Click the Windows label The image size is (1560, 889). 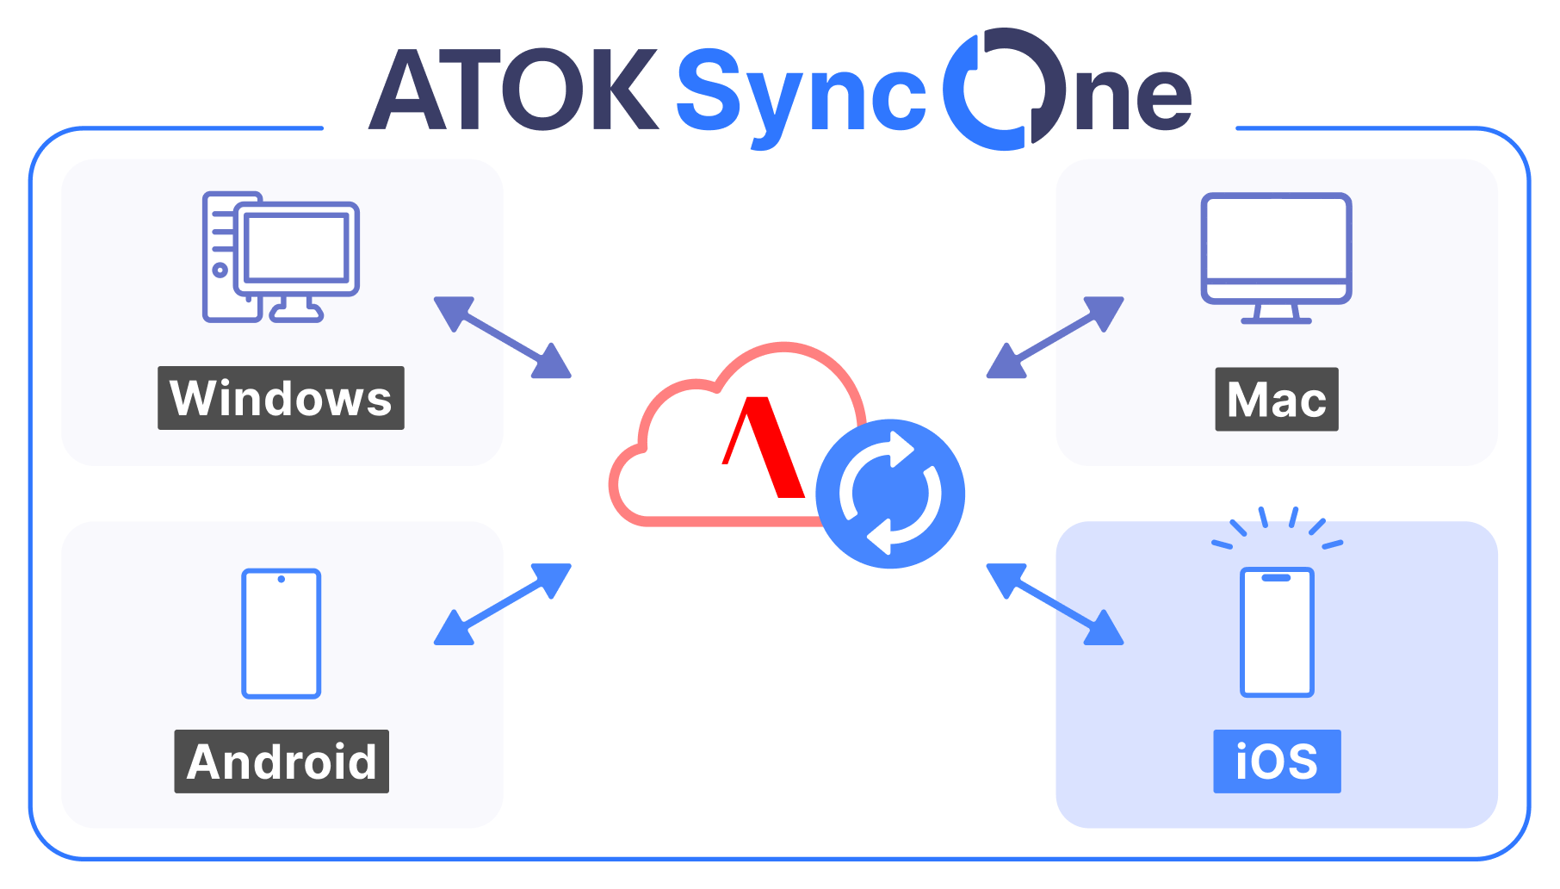click(281, 398)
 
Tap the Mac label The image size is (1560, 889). click(1277, 399)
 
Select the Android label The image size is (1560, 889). click(282, 762)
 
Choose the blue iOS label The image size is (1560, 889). click(1277, 762)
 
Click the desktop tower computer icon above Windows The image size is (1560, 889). click(281, 257)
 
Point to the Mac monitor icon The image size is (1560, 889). click(1276, 258)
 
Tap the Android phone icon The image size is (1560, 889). click(282, 633)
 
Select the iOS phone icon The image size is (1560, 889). click(1277, 631)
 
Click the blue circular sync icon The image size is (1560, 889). click(890, 494)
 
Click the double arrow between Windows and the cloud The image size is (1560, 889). click(503, 338)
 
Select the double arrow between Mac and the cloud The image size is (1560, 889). click(1055, 338)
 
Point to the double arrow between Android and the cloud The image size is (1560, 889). click(503, 604)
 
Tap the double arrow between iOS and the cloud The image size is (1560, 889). click(1055, 604)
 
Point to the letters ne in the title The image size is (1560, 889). click(1134, 98)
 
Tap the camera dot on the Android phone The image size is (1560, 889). click(282, 579)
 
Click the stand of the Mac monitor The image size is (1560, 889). click(1276, 314)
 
